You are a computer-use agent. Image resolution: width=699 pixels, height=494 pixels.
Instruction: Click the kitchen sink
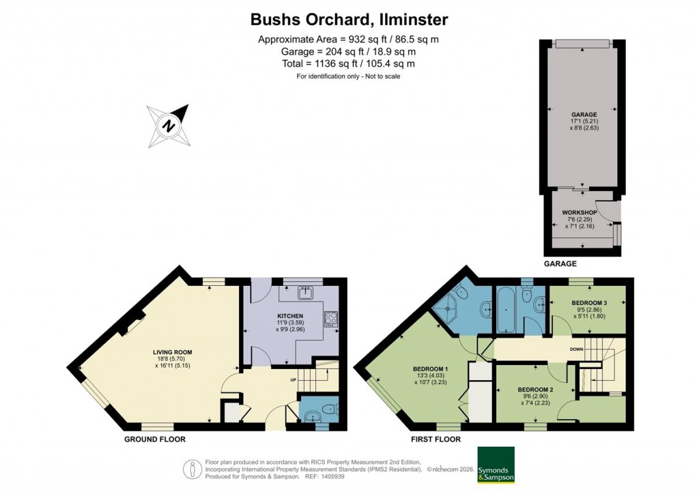[304, 294]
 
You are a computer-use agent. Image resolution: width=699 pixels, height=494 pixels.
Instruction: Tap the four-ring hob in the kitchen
[331, 319]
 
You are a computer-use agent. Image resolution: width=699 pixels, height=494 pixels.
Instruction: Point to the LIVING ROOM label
[173, 352]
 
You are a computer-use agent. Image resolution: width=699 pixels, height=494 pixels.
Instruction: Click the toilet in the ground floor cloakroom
[330, 411]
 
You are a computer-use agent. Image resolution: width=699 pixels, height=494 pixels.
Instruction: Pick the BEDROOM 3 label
[588, 302]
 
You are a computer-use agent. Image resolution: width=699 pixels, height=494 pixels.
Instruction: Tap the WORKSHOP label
[580, 213]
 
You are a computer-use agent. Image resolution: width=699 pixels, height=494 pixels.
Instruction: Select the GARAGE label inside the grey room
[584, 114]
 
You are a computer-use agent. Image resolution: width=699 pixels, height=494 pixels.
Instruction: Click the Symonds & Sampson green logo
[496, 465]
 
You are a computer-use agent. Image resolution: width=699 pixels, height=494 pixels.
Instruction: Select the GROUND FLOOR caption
[154, 439]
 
